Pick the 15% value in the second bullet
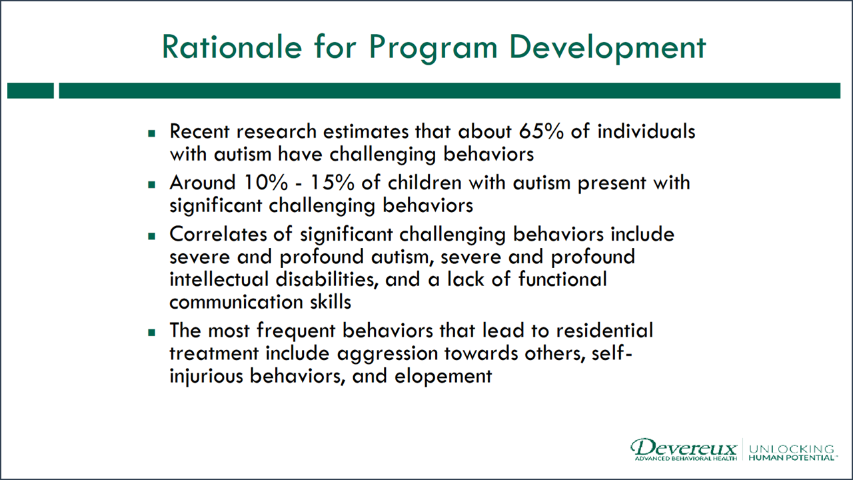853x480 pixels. (x=312, y=183)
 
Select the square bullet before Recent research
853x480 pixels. (x=151, y=133)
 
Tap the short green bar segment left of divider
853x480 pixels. (x=30, y=91)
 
